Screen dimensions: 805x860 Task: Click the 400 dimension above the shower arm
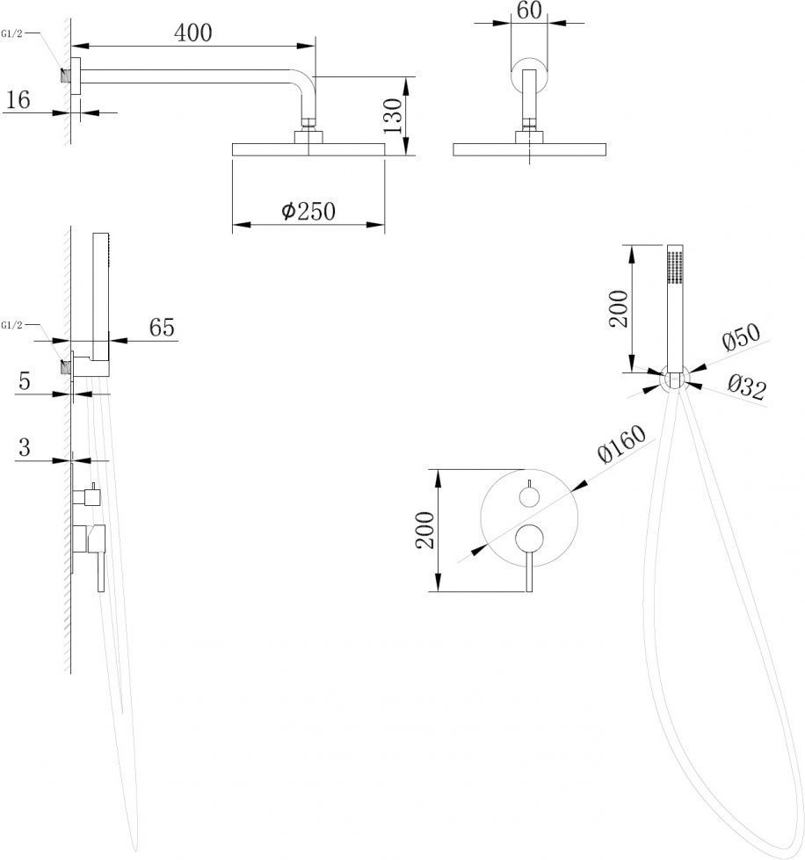point(192,33)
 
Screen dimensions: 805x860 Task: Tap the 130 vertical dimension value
point(392,116)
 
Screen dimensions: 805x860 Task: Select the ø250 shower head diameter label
point(308,211)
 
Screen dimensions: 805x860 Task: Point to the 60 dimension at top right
point(529,11)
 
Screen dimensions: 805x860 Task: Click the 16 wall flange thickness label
point(18,100)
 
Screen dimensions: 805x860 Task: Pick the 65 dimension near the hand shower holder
point(162,328)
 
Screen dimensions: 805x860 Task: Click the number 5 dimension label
point(24,380)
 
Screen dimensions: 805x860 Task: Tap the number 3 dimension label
point(24,447)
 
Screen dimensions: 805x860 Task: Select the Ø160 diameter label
point(621,444)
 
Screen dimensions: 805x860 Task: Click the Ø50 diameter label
point(742,336)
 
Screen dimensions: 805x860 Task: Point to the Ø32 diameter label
point(747,387)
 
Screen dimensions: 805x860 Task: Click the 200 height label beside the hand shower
point(619,309)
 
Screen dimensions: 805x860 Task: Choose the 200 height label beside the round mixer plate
point(424,531)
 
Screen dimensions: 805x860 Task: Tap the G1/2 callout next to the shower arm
point(12,34)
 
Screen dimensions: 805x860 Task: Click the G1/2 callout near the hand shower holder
point(12,325)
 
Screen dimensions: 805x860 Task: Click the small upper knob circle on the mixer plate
point(529,497)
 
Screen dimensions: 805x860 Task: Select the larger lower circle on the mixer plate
point(529,538)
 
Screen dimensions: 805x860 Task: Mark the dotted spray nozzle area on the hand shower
point(675,266)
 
